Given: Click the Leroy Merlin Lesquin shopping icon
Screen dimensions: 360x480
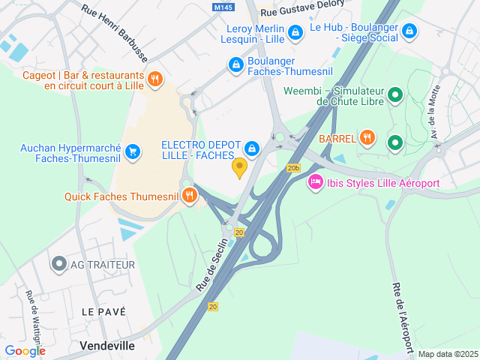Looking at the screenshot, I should tap(296, 31).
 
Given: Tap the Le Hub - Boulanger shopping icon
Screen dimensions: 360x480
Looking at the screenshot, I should tap(409, 31).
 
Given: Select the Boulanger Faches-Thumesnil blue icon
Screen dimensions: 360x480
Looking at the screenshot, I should tap(236, 65).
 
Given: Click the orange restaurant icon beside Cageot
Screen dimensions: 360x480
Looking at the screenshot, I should tap(155, 79).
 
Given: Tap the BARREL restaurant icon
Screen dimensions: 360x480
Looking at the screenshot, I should tap(366, 137).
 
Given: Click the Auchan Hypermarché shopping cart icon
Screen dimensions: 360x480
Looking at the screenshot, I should tap(133, 151).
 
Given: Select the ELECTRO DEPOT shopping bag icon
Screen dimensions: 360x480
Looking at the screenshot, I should tap(252, 148).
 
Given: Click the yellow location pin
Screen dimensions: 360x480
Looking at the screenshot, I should tap(240, 167).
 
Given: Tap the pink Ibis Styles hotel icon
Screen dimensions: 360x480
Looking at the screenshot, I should tap(316, 182).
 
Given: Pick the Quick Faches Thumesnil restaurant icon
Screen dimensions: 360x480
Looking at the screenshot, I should tap(189, 196).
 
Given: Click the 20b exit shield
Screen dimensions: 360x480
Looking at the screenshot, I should tap(293, 168).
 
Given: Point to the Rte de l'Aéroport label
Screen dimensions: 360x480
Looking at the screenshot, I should tap(402, 315).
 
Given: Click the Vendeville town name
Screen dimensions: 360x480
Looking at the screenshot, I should tap(107, 346).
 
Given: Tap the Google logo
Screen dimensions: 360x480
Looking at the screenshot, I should tap(25, 350).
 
